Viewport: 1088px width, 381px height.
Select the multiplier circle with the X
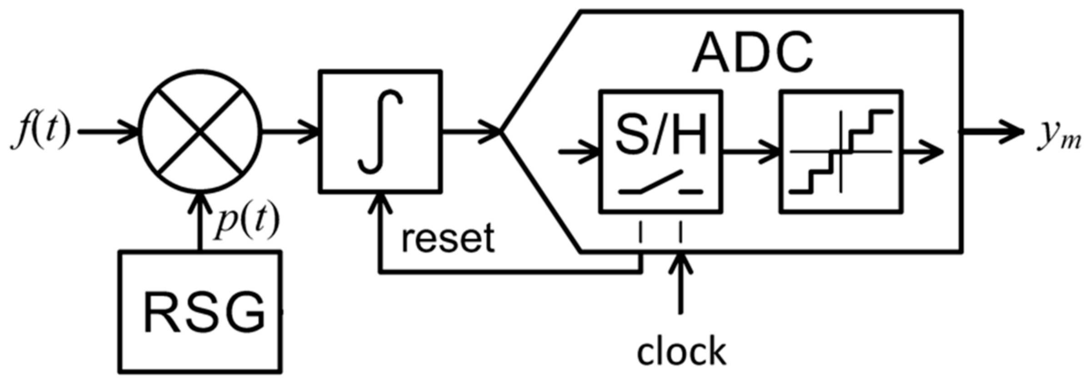200,132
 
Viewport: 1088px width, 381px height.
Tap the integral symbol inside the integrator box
380,132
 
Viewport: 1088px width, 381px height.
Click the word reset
448,238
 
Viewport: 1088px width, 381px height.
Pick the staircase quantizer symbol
841,152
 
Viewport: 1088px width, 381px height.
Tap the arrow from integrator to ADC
471,132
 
